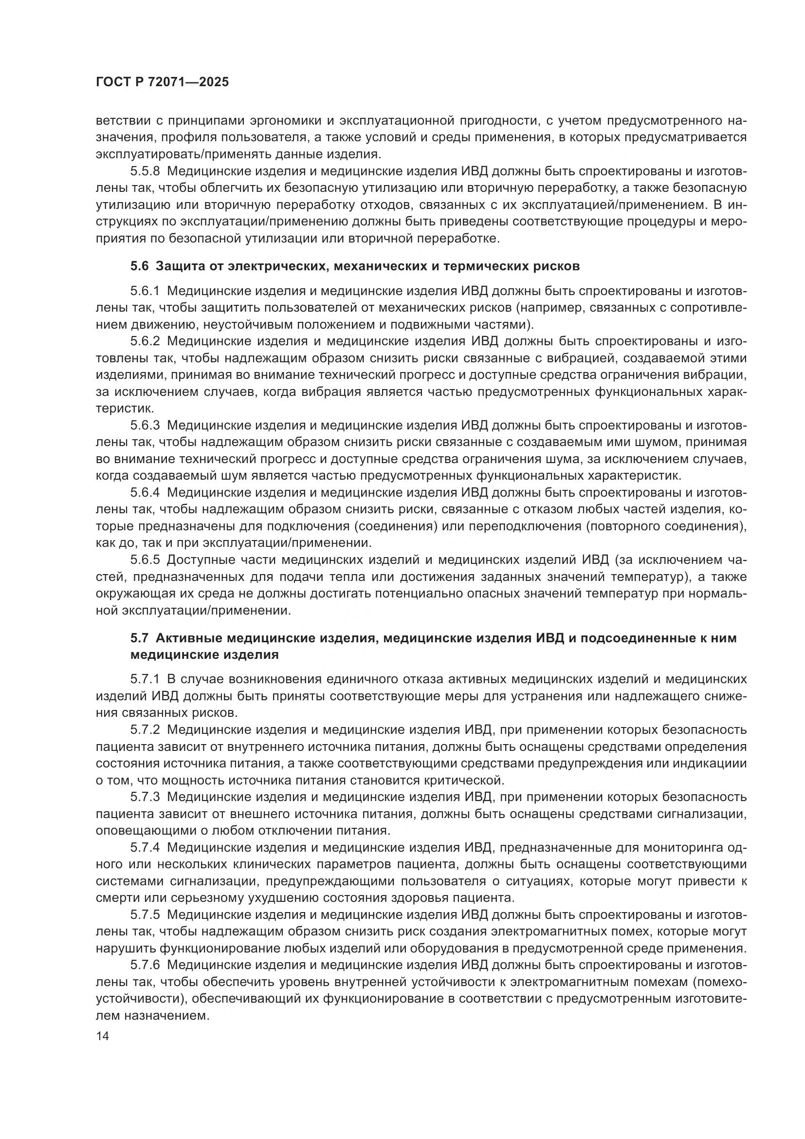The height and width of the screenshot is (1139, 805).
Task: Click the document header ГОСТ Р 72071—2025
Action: [162, 82]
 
